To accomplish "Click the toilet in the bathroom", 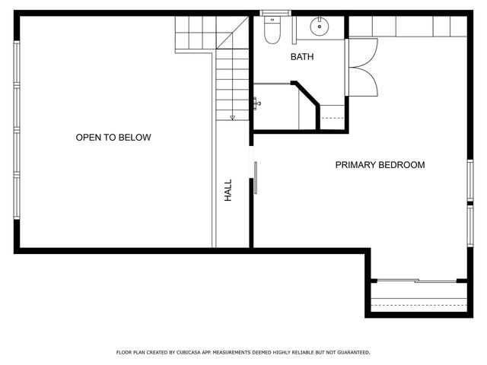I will tap(270, 31).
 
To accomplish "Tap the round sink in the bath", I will tap(320, 27).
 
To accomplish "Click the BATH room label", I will tap(302, 57).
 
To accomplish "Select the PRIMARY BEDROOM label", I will tap(380, 165).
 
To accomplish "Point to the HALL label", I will tap(228, 189).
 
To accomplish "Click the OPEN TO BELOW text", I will tap(113, 138).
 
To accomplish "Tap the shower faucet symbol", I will tap(257, 103).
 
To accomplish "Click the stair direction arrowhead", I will tap(233, 117).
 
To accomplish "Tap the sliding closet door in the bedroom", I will tap(417, 281).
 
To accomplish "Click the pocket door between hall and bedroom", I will tap(256, 177).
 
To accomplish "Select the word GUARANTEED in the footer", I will tap(351, 353).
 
